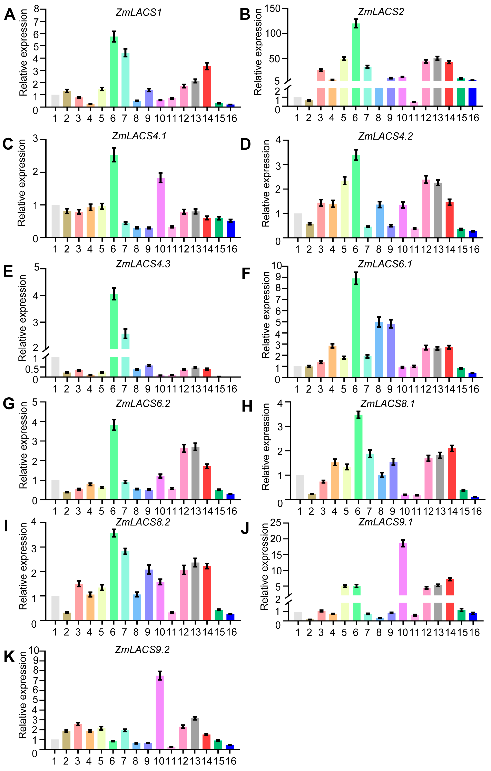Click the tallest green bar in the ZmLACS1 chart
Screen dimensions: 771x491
coord(114,72)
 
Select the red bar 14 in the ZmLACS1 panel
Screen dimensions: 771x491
coord(207,86)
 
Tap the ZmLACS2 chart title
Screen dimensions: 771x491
coord(381,12)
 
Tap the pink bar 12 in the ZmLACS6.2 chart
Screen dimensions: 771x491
coord(184,474)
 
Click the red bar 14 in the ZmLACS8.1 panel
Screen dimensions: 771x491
coord(452,474)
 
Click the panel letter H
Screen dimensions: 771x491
coord(247,407)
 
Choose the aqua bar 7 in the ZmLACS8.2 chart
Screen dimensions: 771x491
coord(125,586)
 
